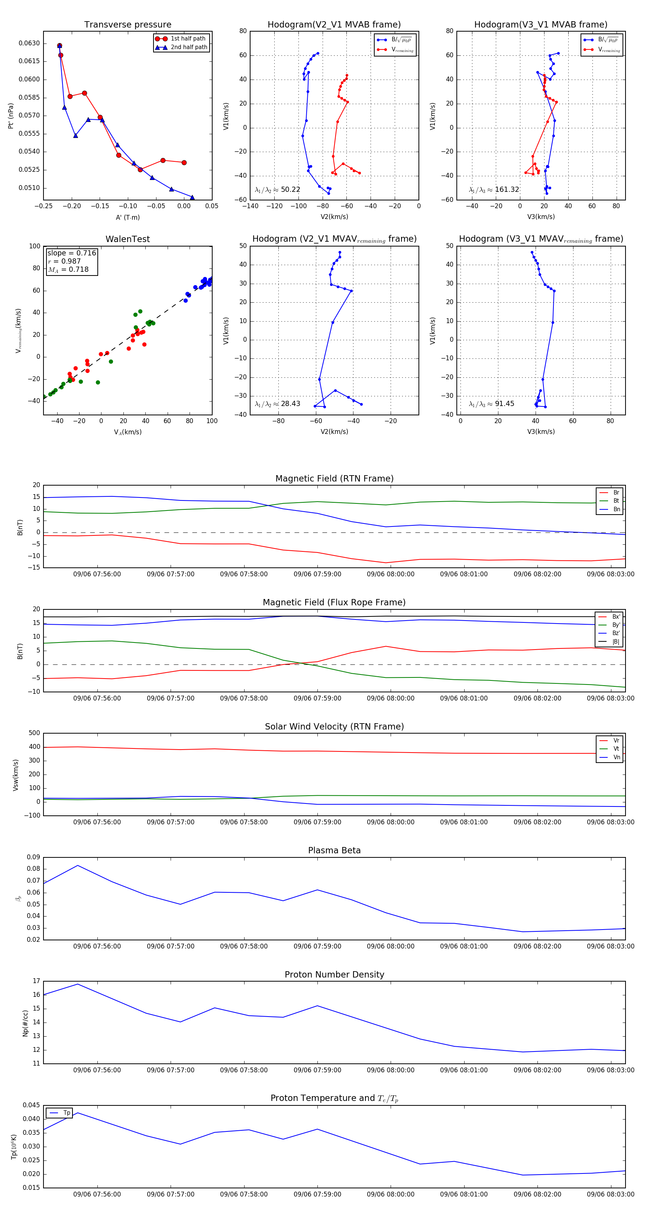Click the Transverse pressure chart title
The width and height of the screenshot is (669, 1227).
(127, 25)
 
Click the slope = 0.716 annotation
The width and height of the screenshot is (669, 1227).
(71, 253)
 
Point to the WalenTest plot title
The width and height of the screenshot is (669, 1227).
(127, 239)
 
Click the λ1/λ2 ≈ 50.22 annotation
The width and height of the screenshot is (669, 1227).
(278, 190)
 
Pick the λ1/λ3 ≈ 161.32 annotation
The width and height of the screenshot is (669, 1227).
(494, 190)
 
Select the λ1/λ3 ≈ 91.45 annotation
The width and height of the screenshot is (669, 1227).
(491, 404)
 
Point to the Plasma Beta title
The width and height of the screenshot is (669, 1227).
(334, 851)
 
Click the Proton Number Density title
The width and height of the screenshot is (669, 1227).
(334, 975)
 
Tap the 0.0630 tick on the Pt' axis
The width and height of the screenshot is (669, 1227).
(29, 44)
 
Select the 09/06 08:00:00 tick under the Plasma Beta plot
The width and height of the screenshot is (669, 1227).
(391, 946)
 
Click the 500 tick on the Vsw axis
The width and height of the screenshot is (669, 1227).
(34, 733)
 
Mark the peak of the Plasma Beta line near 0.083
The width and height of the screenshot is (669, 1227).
(78, 866)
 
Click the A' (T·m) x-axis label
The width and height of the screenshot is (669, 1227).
(127, 218)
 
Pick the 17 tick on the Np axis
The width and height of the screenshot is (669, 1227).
(37, 981)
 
